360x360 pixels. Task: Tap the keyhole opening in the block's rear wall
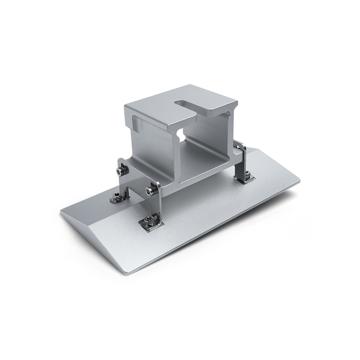coord(179,135)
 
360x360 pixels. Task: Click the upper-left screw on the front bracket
coord(122,172)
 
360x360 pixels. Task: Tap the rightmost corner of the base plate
coord(300,181)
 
